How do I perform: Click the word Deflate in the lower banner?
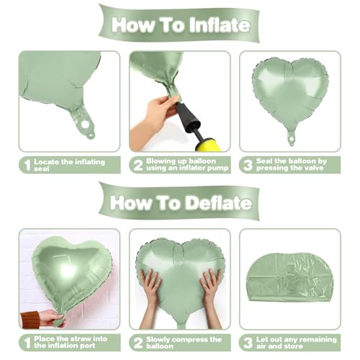point(219,203)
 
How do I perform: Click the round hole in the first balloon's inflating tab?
point(84,125)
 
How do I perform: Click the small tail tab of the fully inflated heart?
point(291,138)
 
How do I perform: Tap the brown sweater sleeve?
point(30,320)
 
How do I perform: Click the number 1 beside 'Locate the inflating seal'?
point(28,165)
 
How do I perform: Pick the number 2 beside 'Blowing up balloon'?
point(138,165)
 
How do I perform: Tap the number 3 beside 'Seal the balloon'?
point(248,165)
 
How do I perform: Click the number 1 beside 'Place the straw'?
point(28,343)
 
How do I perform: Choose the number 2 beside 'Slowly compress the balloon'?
point(138,343)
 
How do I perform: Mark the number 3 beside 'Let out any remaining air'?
point(248,343)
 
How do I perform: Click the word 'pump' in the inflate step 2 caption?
point(217,168)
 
